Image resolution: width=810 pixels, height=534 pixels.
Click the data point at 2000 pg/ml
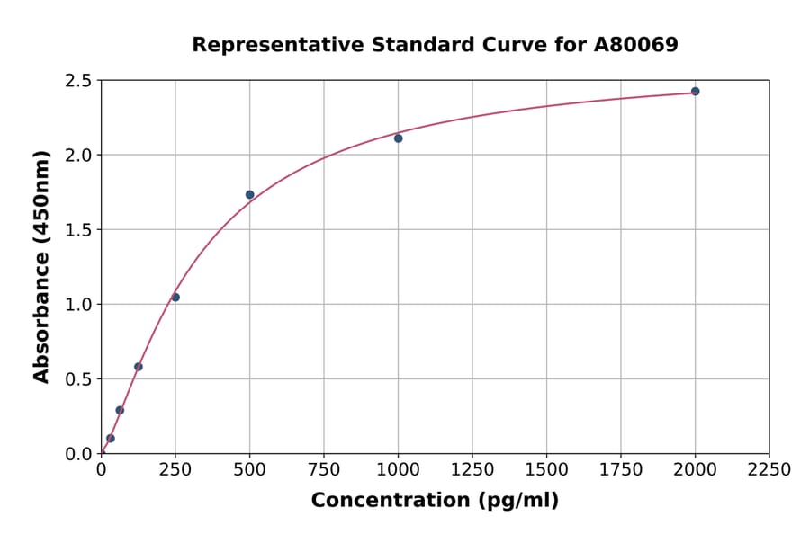coord(695,91)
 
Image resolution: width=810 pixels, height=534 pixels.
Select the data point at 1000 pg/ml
coord(398,138)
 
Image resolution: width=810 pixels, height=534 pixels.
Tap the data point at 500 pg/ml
coord(250,194)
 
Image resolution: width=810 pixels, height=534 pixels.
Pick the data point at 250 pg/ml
coord(175,297)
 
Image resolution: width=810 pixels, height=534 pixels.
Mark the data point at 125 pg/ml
coord(139,366)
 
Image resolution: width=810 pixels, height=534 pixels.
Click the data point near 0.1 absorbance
coord(111,438)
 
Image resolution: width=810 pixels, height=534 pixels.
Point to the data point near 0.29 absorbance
coord(120,410)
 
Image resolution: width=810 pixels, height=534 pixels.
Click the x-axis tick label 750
coord(324,469)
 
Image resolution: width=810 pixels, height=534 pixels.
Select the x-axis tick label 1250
coord(472,469)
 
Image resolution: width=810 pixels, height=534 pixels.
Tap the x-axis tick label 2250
coord(769,469)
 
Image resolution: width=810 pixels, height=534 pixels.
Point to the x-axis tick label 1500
coord(546,469)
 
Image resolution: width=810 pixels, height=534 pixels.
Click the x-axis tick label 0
coord(102,469)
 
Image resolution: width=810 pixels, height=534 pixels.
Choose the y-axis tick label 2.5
coord(79,81)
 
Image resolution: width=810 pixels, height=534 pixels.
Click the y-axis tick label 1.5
coord(79,230)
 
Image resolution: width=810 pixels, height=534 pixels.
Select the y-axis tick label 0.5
coord(79,379)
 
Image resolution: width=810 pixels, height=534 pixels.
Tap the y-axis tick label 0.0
coord(79,454)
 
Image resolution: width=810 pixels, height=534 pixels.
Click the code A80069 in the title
coord(634,44)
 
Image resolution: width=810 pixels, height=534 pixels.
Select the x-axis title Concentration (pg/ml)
coord(435,500)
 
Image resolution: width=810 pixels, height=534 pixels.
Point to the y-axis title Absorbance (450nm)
coord(41,266)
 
